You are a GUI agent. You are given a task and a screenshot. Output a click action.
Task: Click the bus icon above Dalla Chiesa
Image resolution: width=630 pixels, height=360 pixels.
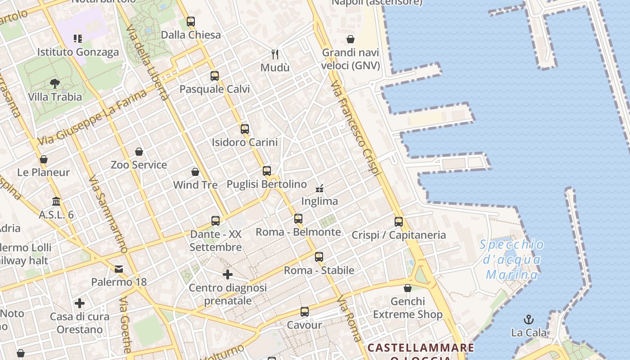point(191,21)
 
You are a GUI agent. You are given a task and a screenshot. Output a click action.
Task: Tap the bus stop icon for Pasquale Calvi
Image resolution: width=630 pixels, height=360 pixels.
point(215,76)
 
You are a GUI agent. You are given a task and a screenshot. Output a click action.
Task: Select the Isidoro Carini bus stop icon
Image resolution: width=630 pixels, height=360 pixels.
point(245,129)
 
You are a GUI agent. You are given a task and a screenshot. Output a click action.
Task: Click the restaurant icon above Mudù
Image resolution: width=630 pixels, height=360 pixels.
point(275,54)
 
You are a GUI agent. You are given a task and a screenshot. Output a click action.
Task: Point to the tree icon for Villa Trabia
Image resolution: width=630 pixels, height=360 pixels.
point(55,83)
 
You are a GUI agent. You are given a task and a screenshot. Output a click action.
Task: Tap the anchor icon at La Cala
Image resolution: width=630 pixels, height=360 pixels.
point(529,319)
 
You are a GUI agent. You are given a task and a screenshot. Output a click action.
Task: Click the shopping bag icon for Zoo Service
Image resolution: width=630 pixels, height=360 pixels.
point(139,152)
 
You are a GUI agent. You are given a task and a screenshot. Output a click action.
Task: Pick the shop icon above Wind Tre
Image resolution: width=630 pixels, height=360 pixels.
point(195,172)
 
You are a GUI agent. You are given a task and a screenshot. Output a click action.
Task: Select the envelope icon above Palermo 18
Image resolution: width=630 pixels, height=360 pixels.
point(119,269)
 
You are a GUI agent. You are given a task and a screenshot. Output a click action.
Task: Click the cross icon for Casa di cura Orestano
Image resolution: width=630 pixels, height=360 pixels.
point(80,303)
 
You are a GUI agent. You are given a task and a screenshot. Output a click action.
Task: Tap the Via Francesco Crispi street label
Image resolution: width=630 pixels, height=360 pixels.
point(355,129)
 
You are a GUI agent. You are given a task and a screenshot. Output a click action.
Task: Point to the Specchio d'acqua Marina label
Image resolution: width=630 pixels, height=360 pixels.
point(512,260)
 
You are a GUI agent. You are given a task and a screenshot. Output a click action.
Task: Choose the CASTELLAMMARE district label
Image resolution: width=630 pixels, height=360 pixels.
point(421,348)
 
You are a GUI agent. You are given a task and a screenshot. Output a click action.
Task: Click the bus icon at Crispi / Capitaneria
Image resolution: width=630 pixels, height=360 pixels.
point(399,221)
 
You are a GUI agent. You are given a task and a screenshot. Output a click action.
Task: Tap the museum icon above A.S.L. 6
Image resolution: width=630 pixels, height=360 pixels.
point(56,201)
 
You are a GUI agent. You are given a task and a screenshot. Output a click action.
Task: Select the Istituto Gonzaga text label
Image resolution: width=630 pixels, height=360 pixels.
point(78,52)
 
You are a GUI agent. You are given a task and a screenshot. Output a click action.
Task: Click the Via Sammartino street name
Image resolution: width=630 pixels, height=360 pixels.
point(108,214)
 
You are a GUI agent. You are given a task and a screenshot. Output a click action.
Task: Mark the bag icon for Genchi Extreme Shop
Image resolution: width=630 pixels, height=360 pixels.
point(408,288)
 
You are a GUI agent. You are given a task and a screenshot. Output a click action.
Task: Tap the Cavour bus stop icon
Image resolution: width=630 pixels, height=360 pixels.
point(305,311)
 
